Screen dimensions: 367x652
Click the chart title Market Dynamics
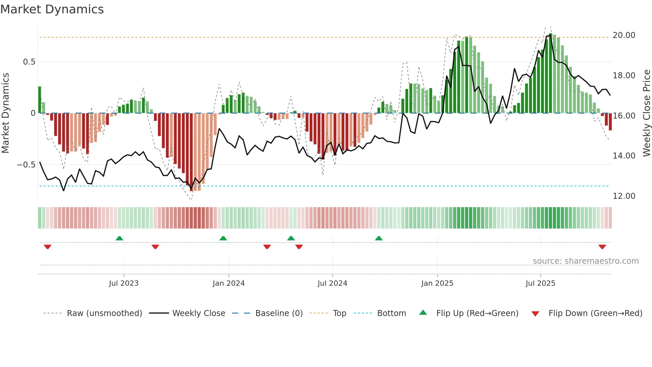pos(52,9)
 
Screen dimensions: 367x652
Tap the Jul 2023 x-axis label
pos(124,283)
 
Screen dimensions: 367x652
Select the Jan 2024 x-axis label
pos(229,283)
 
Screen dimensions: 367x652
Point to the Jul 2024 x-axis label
pos(332,283)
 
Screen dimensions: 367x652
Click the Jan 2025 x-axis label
pos(437,283)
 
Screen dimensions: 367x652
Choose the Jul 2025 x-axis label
pos(540,283)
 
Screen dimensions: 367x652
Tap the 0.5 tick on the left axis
pos(29,62)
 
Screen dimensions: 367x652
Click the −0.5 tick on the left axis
pos(26,165)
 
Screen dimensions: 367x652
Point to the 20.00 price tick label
pos(624,35)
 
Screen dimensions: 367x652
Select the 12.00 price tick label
pos(624,196)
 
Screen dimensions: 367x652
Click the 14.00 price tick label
pos(624,156)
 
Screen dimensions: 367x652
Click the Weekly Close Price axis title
pos(646,113)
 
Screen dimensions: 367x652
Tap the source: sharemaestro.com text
pos(585,261)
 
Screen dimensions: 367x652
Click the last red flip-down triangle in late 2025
pos(602,247)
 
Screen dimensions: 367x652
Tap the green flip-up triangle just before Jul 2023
pos(119,238)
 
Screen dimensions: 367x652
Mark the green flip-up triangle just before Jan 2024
pos(223,238)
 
